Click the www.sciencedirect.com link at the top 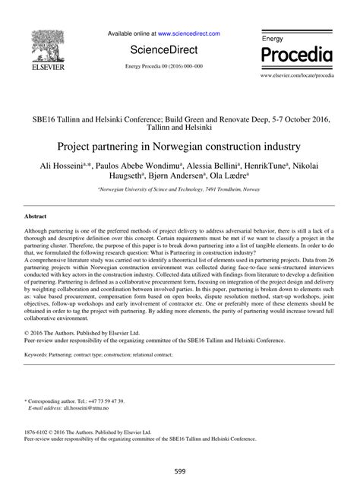pos(189,33)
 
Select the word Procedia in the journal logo pos(298,55)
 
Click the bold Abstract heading pos(37,217)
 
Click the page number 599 pos(180,470)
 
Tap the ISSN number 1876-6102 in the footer pos(43,431)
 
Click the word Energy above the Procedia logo pos(274,37)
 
